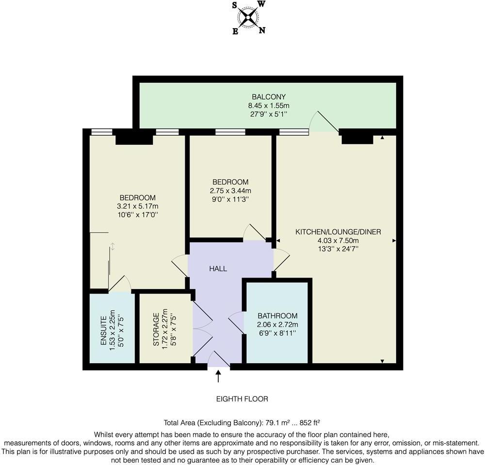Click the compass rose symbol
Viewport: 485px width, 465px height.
(x=248, y=18)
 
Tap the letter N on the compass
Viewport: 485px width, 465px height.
(x=262, y=31)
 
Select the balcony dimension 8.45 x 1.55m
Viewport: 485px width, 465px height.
(x=268, y=105)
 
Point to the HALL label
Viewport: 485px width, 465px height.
(x=218, y=268)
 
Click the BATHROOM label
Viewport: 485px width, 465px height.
(x=277, y=316)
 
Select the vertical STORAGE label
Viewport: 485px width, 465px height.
(x=156, y=329)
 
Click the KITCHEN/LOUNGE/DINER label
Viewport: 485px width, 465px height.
(x=338, y=232)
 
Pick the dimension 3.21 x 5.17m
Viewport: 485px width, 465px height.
(x=138, y=206)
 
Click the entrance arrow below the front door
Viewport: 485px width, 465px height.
(x=218, y=375)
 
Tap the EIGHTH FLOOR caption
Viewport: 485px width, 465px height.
(x=242, y=399)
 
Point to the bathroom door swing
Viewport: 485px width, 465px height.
(x=236, y=323)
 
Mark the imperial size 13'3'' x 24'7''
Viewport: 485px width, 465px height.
(x=338, y=249)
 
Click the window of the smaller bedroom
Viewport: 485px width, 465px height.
(x=230, y=131)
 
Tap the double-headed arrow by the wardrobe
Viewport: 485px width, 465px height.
(x=113, y=247)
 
